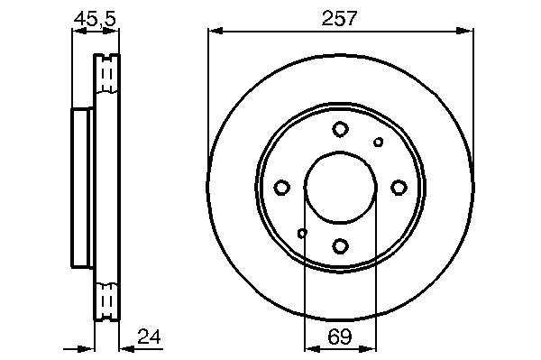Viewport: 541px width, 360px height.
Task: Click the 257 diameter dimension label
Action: (338, 18)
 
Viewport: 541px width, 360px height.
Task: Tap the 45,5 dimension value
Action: (95, 19)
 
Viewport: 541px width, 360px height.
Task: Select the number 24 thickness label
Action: (149, 337)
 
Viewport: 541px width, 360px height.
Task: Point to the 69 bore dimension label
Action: (340, 337)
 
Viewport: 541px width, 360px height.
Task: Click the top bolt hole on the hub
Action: (340, 129)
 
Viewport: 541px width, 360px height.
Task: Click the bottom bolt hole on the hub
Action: (340, 246)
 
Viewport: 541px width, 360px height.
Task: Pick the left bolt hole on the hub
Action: (281, 188)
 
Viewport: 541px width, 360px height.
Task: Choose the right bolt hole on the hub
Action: (399, 188)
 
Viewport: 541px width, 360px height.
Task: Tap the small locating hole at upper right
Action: (379, 142)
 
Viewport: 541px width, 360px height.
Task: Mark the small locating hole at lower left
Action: (302, 234)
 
